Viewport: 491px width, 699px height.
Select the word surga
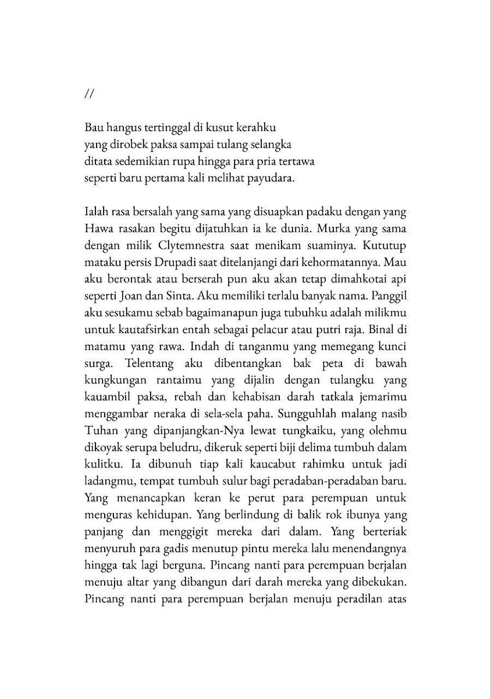tap(99, 381)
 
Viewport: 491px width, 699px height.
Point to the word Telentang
tap(150, 381)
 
